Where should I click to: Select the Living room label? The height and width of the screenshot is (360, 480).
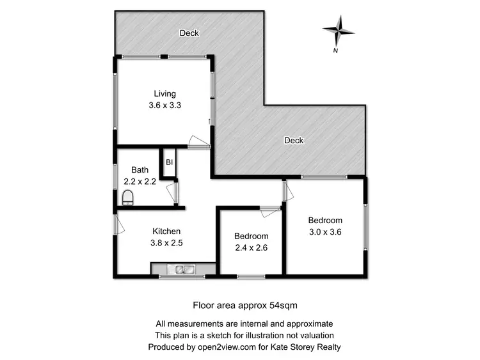click(x=164, y=94)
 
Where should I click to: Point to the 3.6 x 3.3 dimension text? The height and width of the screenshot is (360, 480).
click(x=164, y=106)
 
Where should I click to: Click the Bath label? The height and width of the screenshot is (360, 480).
click(x=140, y=170)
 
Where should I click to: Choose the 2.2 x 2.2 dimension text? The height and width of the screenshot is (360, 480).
click(x=140, y=182)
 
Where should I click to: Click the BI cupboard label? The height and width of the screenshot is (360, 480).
click(x=169, y=162)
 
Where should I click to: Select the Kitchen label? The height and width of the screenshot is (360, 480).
click(x=166, y=231)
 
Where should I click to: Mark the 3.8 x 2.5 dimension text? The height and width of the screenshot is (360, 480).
click(x=166, y=243)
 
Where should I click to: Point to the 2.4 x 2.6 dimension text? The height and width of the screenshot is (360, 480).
click(x=251, y=248)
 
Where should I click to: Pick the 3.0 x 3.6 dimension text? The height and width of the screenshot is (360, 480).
click(x=325, y=233)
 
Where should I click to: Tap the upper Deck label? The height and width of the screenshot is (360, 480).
click(x=189, y=33)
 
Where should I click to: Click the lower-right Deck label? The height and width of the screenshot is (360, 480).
click(x=294, y=141)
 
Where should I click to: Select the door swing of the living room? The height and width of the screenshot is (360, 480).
click(x=198, y=141)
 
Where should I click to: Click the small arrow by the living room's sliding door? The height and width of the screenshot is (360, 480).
click(x=209, y=121)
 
